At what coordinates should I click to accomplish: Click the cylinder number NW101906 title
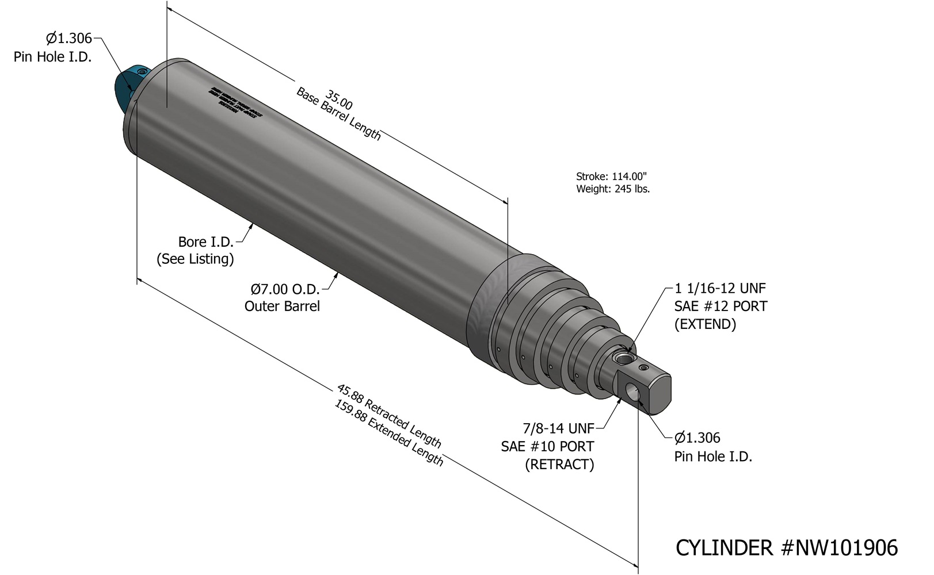[786, 548]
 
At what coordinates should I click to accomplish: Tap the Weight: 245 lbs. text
[612, 189]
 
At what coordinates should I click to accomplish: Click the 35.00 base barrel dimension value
[339, 99]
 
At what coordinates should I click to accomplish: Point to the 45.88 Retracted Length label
[389, 416]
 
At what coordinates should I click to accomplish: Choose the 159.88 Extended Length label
[389, 433]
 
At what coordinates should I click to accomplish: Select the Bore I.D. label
[205, 242]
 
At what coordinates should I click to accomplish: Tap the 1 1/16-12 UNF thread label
[720, 288]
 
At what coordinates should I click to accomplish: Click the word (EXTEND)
[705, 324]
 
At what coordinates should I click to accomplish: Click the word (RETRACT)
[559, 465]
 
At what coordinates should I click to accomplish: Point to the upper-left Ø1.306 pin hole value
[68, 39]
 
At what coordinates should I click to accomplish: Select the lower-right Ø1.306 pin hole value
[697, 438]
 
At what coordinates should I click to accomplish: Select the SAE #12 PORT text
[720, 306]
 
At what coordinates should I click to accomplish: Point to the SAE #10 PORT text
[547, 447]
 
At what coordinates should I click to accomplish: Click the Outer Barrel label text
[282, 306]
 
